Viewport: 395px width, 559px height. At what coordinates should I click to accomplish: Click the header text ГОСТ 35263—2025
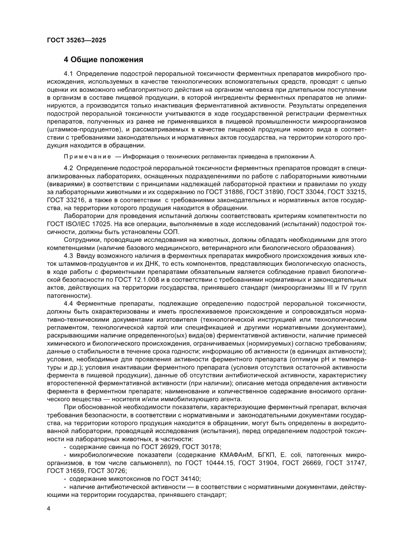(x=76, y=40)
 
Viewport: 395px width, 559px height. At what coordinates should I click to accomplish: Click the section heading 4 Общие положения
(x=104, y=60)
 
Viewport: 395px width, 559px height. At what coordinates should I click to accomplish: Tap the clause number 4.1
(x=69, y=74)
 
